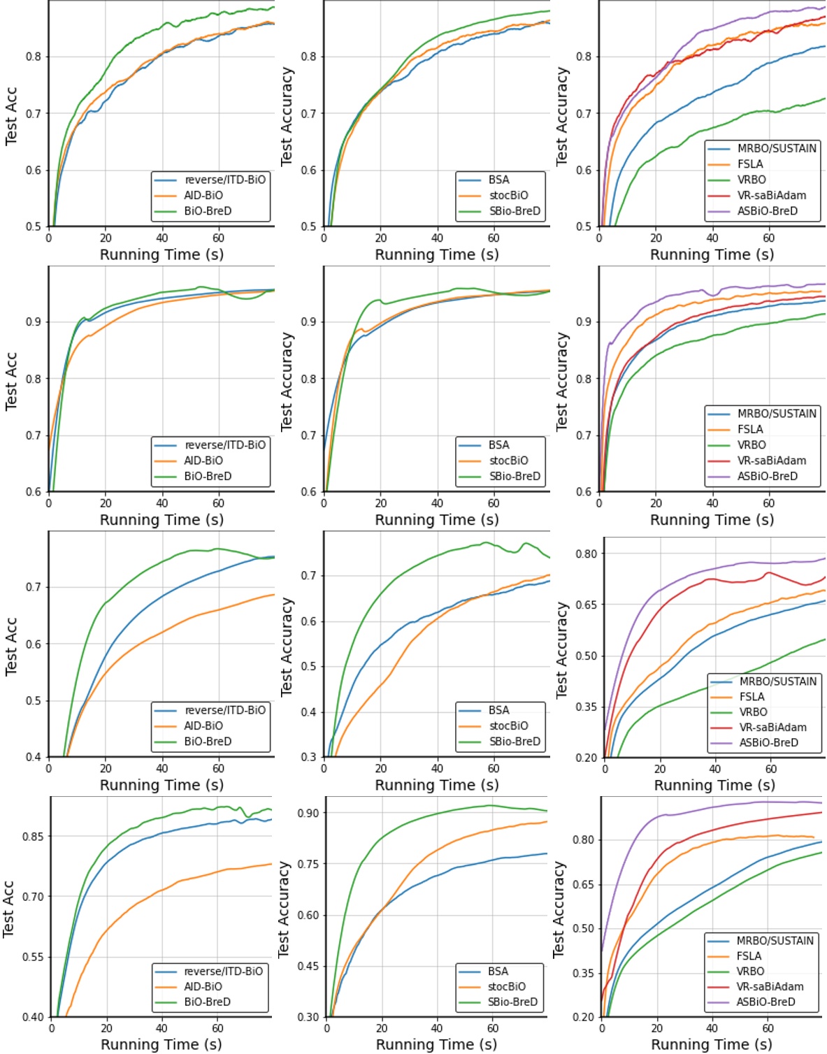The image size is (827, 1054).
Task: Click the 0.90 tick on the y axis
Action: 308,813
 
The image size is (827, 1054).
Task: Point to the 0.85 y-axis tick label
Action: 32,836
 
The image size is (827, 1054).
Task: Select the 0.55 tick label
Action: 32,957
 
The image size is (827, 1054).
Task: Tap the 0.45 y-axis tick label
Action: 308,966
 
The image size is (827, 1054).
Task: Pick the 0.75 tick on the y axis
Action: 308,864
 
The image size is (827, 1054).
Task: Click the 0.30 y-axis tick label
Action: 308,1017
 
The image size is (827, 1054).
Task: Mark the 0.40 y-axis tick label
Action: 32,1017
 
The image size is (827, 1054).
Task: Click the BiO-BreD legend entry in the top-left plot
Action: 208,211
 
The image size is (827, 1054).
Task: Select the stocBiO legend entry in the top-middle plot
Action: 508,196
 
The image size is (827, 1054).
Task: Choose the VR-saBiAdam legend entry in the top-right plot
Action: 771,196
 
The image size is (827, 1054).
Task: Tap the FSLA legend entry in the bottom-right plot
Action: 749,956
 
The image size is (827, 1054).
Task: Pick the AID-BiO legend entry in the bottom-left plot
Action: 203,987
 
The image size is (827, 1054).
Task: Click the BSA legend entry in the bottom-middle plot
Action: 498,972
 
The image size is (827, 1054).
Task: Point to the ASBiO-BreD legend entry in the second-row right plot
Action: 767,476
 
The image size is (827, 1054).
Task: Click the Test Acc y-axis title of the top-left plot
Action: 10,115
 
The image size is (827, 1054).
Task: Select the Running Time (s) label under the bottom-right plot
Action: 712,1044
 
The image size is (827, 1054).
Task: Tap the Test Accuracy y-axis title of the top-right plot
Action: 561,116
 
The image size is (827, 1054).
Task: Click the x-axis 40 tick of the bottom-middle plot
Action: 437,1029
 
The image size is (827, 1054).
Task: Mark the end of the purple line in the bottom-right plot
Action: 822,803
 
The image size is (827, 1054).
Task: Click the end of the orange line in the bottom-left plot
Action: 272,864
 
